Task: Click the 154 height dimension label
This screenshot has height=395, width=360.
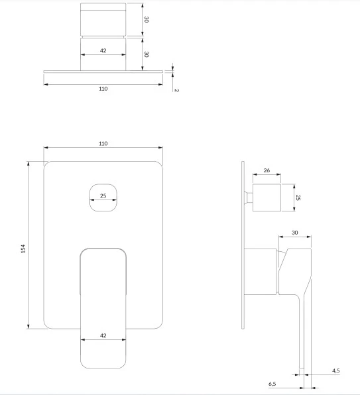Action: [23, 249]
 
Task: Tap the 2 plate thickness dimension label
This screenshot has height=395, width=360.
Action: [176, 90]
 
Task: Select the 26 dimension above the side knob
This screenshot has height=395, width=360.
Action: [267, 170]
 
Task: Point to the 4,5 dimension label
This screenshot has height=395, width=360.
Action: [336, 370]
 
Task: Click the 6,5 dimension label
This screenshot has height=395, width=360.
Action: [272, 384]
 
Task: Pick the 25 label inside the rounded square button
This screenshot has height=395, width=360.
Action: [103, 196]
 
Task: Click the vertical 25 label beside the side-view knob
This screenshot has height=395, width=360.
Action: [298, 197]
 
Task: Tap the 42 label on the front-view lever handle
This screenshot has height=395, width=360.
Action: [103, 335]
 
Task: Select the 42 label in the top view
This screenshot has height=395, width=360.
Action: [103, 50]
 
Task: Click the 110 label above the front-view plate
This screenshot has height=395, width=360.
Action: [103, 144]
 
